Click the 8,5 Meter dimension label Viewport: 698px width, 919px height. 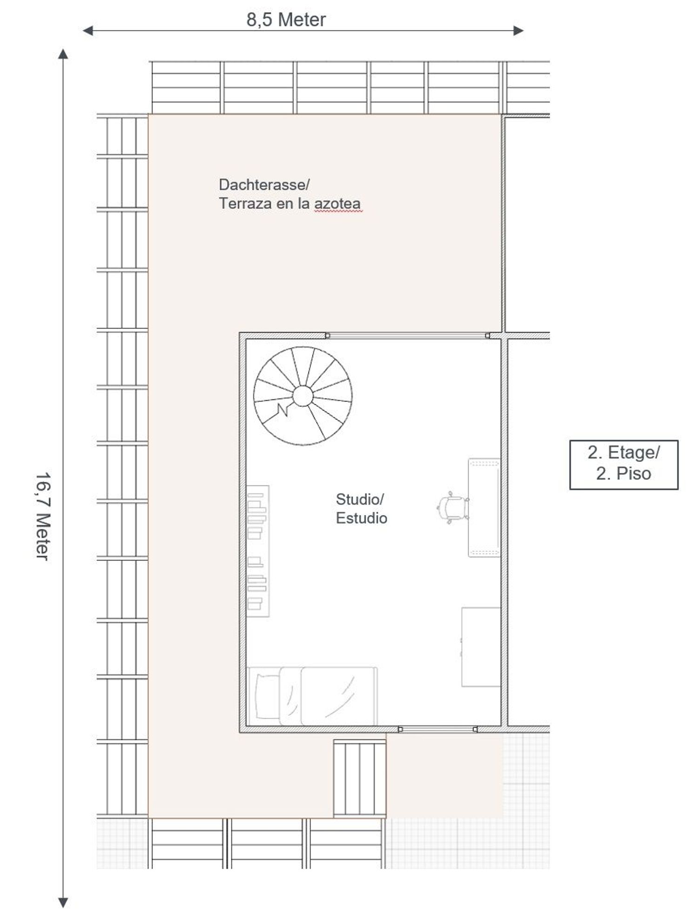(x=286, y=20)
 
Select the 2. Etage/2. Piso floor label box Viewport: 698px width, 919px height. (x=624, y=465)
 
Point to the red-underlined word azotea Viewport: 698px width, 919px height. (x=337, y=204)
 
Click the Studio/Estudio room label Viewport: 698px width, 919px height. (x=362, y=509)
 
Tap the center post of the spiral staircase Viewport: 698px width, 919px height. (x=303, y=396)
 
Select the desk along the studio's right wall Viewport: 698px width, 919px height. (x=484, y=507)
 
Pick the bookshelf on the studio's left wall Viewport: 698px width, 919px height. (x=258, y=551)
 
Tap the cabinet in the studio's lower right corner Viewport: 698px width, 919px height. (x=481, y=647)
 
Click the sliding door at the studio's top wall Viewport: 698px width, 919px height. (x=408, y=335)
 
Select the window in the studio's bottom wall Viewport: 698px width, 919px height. (x=437, y=730)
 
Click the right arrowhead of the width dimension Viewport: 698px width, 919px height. (x=518, y=31)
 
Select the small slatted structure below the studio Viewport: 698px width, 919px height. (x=360, y=778)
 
